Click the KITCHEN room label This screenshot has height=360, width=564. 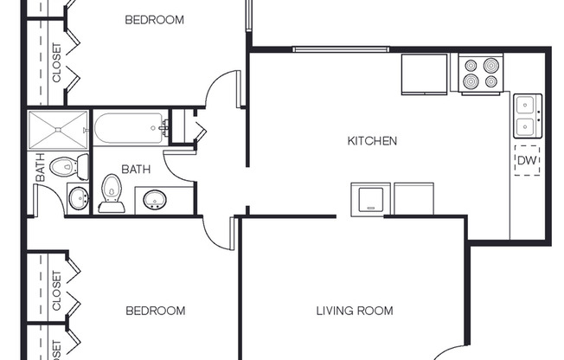pos(372,140)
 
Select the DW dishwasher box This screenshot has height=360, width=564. pos(527,161)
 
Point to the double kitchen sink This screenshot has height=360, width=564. pos(526,116)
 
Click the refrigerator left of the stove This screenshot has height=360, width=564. pos(424,74)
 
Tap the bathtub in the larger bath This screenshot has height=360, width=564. pos(131,130)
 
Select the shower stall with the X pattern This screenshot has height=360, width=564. pos(58,130)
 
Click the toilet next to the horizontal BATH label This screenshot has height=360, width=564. pos(112,192)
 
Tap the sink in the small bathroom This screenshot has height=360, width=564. pos(78,198)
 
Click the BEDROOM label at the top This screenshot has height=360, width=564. pos(154,19)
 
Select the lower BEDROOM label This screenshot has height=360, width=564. pos(155,311)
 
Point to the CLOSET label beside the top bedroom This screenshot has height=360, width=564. pos(57,63)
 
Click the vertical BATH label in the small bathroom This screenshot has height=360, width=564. pos(40,168)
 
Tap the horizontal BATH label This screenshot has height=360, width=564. pos(136,170)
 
